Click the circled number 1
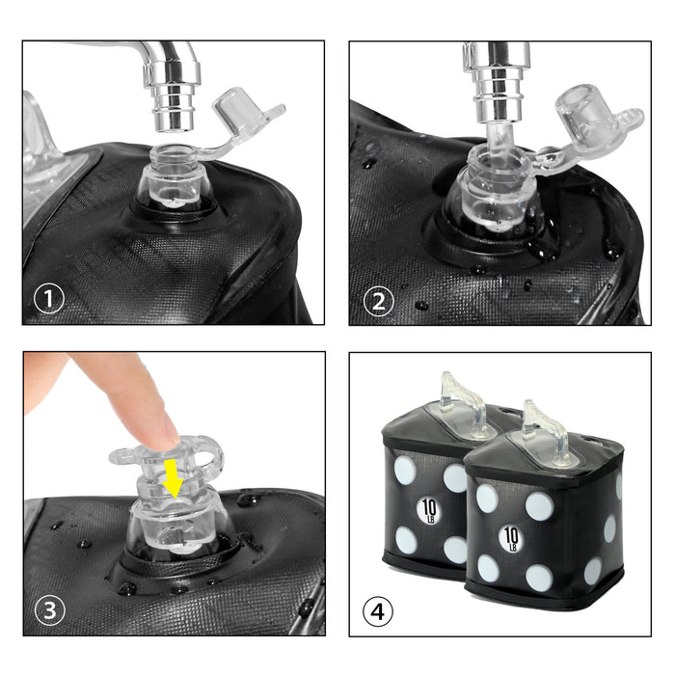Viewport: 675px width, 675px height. coord(48,298)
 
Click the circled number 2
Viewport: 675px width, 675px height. coord(378,301)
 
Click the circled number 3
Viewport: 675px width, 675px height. coord(50,609)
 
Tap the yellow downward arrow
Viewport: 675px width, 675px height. coord(173,478)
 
